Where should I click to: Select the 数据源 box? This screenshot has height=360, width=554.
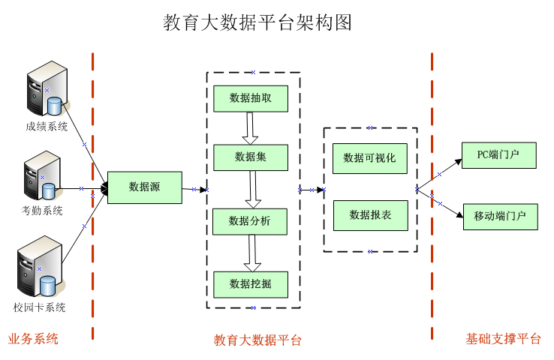pos(144,187)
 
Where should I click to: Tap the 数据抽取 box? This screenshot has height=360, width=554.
pos(250,98)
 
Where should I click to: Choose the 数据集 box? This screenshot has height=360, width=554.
pos(250,157)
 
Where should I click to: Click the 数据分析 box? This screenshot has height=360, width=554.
pos(250,220)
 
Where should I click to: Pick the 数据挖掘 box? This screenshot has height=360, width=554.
pos(250,283)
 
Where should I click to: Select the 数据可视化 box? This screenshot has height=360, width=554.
pos(369,158)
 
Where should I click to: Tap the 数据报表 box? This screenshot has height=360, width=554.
pos(369,215)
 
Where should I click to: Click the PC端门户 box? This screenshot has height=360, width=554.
pos(498,154)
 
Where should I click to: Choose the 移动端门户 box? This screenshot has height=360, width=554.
pos(500,216)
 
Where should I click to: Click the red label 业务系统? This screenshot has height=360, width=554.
pos(33,339)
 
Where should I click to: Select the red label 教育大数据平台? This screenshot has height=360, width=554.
pos(257,340)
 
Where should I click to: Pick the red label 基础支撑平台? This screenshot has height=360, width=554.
pos(502,339)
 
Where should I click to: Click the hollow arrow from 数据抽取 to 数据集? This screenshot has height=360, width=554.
pos(251,127)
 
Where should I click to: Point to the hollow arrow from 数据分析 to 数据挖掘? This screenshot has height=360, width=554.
pos(253,253)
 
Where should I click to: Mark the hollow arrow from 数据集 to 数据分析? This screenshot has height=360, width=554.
pos(254,189)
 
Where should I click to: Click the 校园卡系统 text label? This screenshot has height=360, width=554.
pos(39,307)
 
